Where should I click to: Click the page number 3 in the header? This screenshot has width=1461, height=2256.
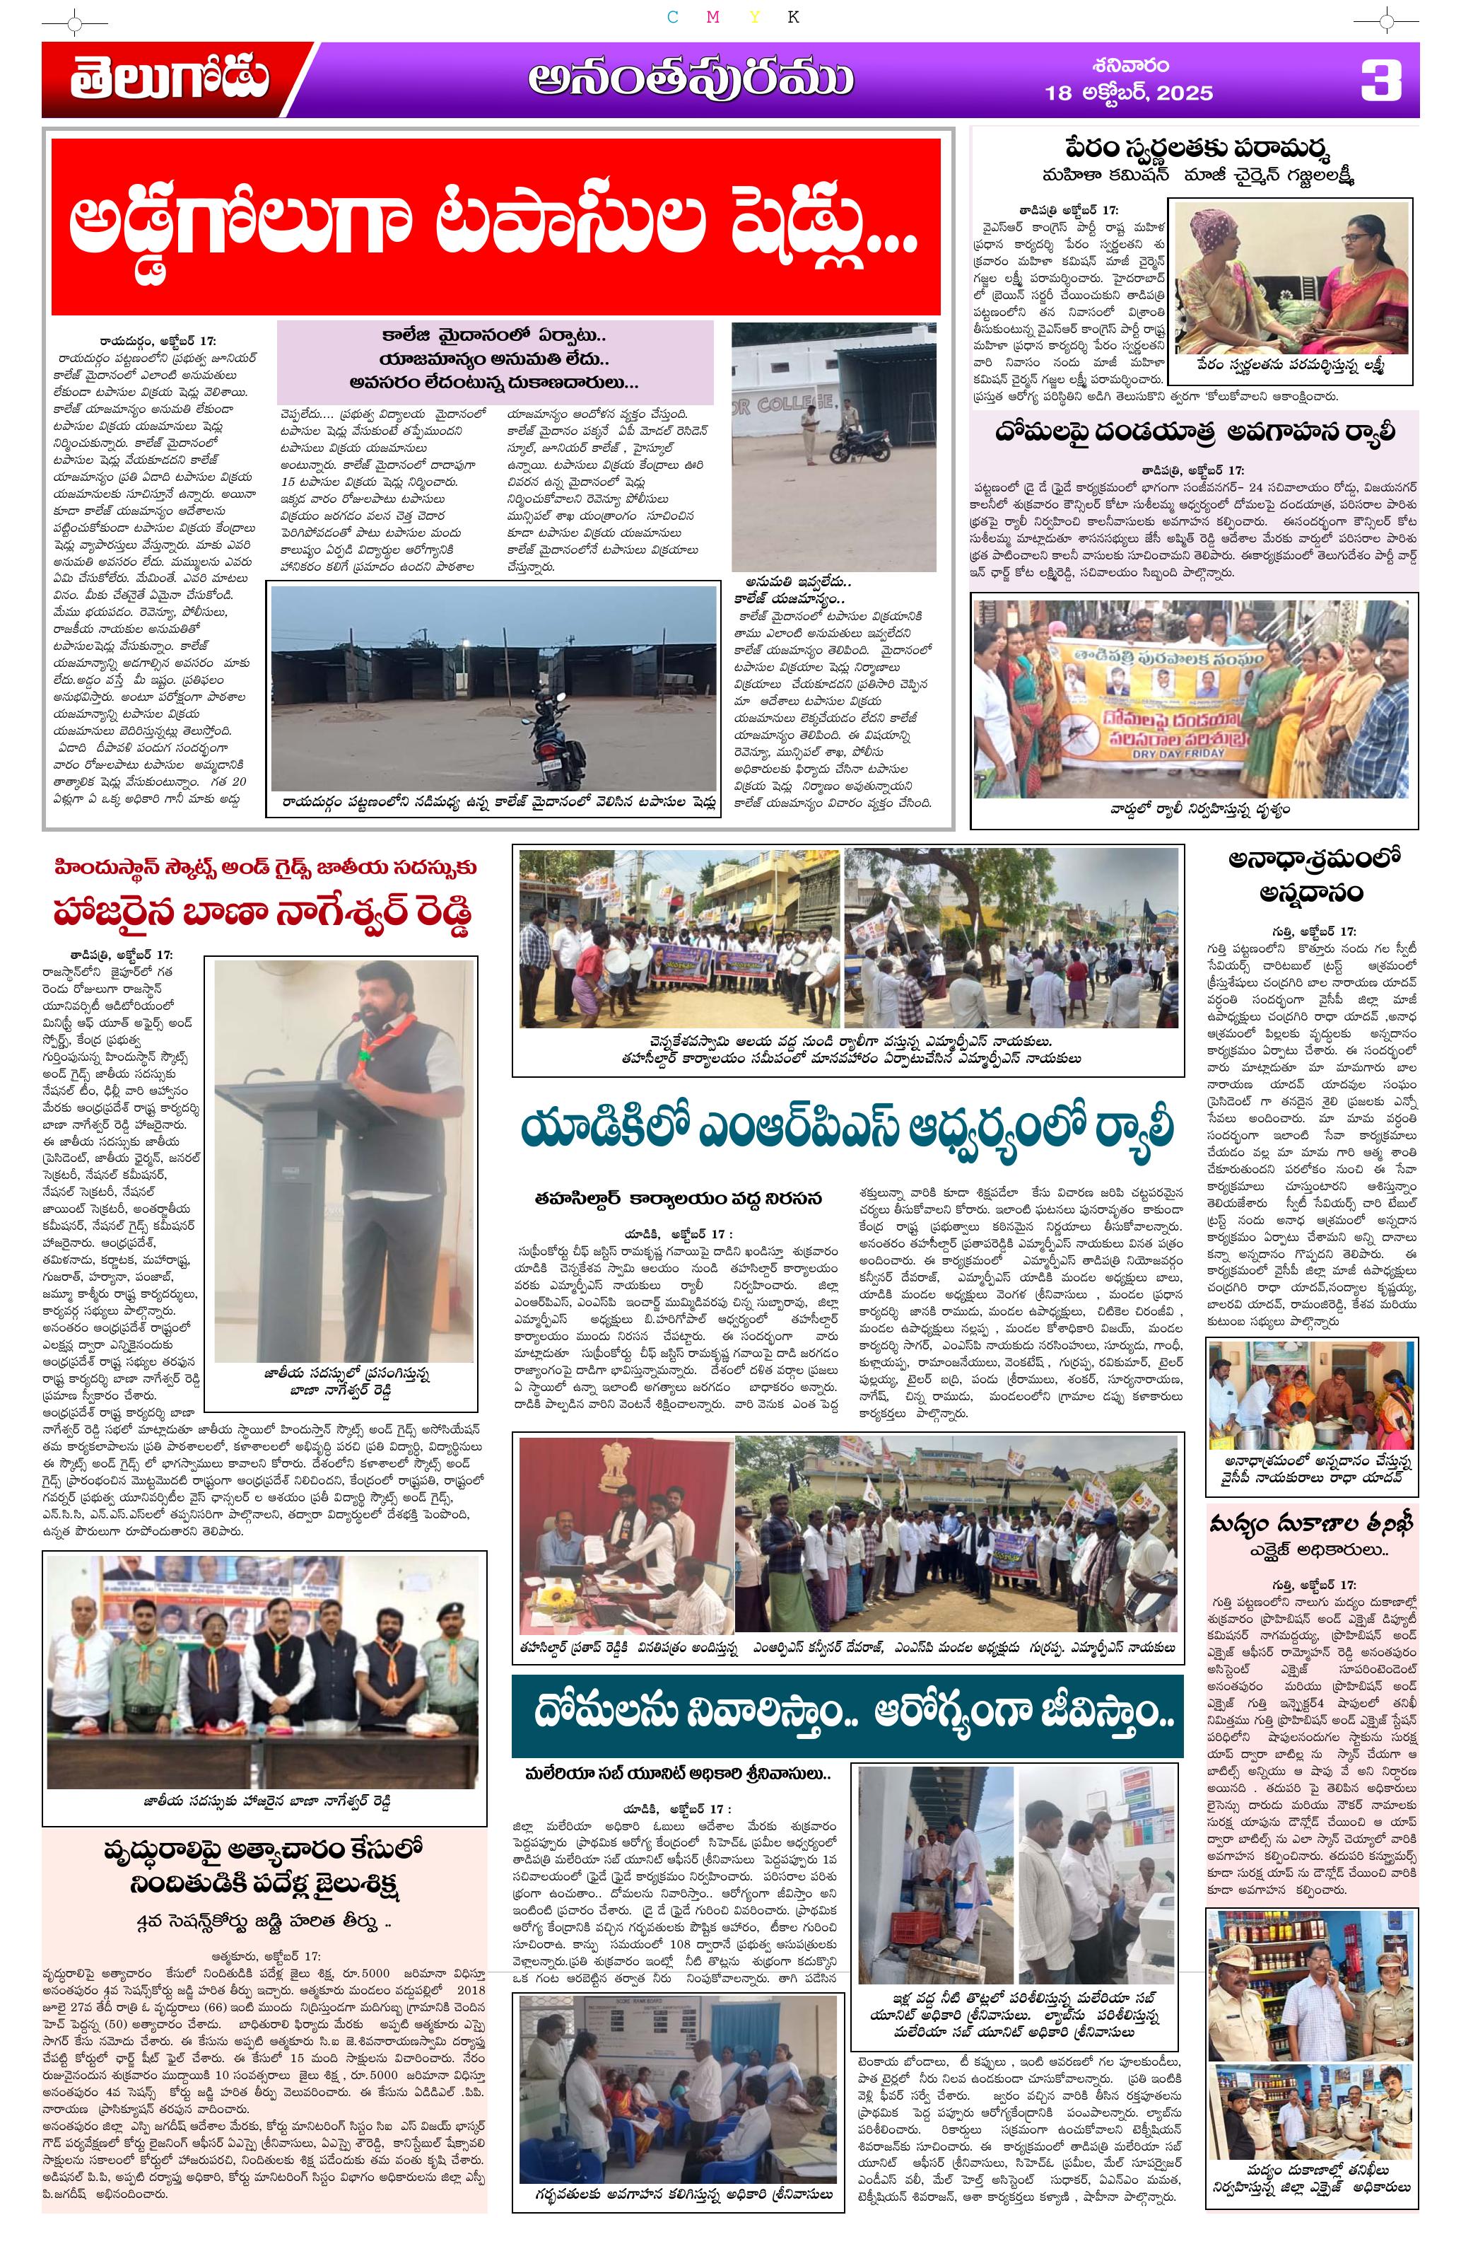(x=1380, y=81)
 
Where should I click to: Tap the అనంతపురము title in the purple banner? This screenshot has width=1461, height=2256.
(x=691, y=81)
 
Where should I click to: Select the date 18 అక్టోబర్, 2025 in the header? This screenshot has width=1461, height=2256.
(x=1128, y=92)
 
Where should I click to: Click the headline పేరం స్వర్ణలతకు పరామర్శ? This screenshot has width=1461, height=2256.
(x=1197, y=150)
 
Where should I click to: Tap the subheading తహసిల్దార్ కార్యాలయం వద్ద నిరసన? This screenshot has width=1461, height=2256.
(x=677, y=1199)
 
